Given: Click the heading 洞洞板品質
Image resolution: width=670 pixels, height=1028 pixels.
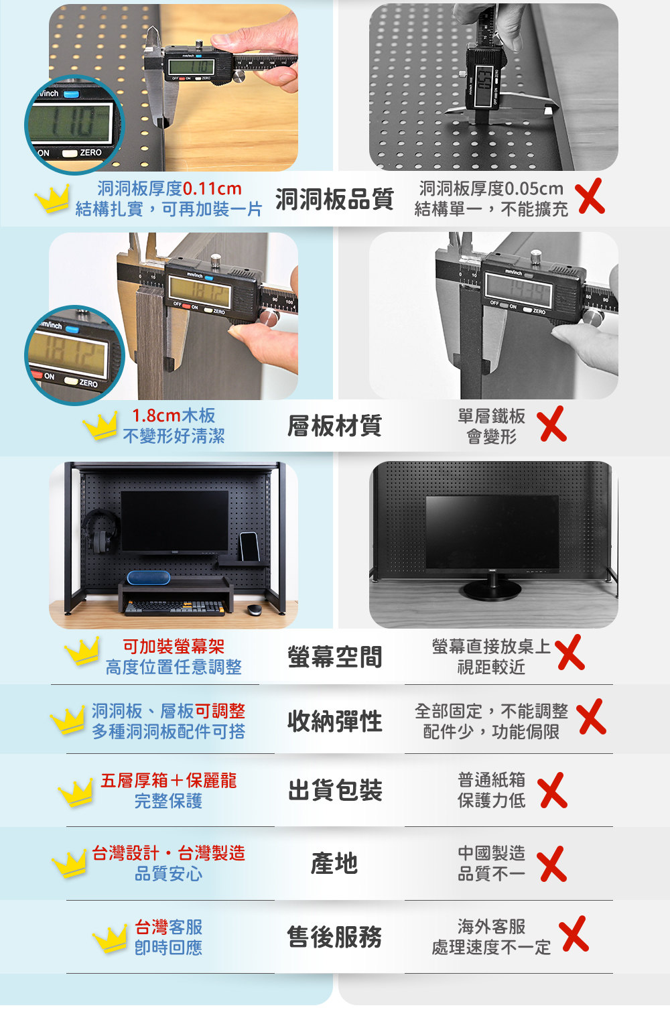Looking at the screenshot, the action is [334, 199].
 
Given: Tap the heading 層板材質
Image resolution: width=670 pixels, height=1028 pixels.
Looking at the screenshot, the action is [334, 426].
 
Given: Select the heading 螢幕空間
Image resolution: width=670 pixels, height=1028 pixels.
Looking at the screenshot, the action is [334, 657].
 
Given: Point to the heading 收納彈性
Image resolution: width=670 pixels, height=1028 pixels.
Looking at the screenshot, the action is [334, 721].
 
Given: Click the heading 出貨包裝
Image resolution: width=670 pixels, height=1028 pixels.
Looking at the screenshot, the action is [334, 790].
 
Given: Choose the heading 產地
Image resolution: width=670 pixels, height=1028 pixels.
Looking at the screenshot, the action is [334, 863].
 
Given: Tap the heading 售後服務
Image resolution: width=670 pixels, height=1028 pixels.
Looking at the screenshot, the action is [334, 937].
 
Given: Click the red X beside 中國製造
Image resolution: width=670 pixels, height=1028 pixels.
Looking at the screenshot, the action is [553, 864].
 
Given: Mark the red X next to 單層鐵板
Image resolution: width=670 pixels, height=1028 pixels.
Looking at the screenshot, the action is [553, 424].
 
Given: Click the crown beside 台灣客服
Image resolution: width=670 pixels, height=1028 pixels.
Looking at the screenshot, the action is [110, 938].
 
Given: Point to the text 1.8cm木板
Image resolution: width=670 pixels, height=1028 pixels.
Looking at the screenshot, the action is [174, 415].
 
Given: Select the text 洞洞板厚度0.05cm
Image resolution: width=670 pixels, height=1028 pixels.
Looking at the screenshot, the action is [491, 188].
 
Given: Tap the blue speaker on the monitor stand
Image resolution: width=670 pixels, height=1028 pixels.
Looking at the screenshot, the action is [148, 578].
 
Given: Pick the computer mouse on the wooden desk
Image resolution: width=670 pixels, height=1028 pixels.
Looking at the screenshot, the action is [254, 609].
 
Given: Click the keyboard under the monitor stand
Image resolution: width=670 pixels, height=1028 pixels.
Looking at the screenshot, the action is [174, 608].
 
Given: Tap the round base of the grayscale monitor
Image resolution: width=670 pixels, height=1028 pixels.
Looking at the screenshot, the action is [492, 590].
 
